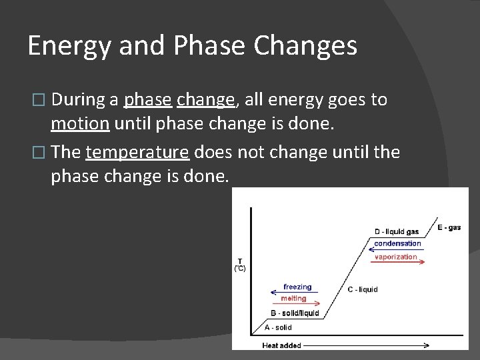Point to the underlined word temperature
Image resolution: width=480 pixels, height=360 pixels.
coord(137,152)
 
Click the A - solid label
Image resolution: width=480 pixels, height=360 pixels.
coord(278,327)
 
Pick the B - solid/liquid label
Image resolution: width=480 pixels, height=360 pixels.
coord(295,313)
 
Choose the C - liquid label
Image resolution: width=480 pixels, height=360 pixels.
coord(362,289)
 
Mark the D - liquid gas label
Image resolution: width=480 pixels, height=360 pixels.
coord(396,231)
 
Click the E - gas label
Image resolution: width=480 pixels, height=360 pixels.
coord(449,227)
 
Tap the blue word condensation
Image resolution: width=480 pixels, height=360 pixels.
coord(397,243)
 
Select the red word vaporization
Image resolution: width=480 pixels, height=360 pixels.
coord(396,257)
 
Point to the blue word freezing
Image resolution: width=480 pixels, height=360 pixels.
coord(297,287)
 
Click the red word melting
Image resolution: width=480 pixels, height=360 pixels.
coord(293,299)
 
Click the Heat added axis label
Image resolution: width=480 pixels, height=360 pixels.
coord(281,345)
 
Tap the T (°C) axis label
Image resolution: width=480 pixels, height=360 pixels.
coord(240,265)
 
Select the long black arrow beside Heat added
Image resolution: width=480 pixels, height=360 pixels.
coord(367,345)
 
